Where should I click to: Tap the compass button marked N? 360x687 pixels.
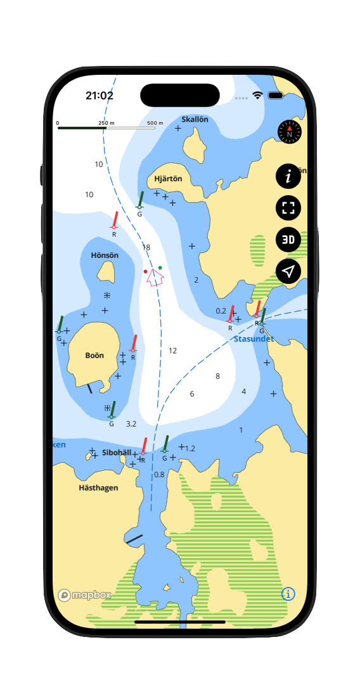[x=290, y=132]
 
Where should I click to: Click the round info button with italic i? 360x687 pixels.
[x=288, y=176]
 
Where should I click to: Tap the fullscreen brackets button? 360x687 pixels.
[x=288, y=208]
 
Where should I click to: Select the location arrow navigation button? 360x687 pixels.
[x=288, y=271]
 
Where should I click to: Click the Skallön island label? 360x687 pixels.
[x=195, y=119]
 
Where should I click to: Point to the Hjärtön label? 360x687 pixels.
[x=168, y=179]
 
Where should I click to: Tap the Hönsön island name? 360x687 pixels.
[x=105, y=255]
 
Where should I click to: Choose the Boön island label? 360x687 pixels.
[x=94, y=356]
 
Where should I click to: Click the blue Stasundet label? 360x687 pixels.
[x=254, y=339]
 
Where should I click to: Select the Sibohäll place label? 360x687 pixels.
[x=117, y=453]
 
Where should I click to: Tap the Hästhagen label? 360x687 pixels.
[x=98, y=488]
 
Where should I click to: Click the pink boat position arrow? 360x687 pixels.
[x=154, y=278]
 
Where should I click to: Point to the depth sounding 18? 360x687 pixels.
[x=146, y=247]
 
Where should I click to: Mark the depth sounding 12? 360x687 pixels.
[x=172, y=350]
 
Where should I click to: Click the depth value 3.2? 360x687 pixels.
[x=131, y=423]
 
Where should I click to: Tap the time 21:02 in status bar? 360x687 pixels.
[x=100, y=96]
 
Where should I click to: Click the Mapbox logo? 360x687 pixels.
[x=84, y=595]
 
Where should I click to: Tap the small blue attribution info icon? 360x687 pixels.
[x=288, y=594]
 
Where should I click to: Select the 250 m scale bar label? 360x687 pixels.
[x=106, y=123]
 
